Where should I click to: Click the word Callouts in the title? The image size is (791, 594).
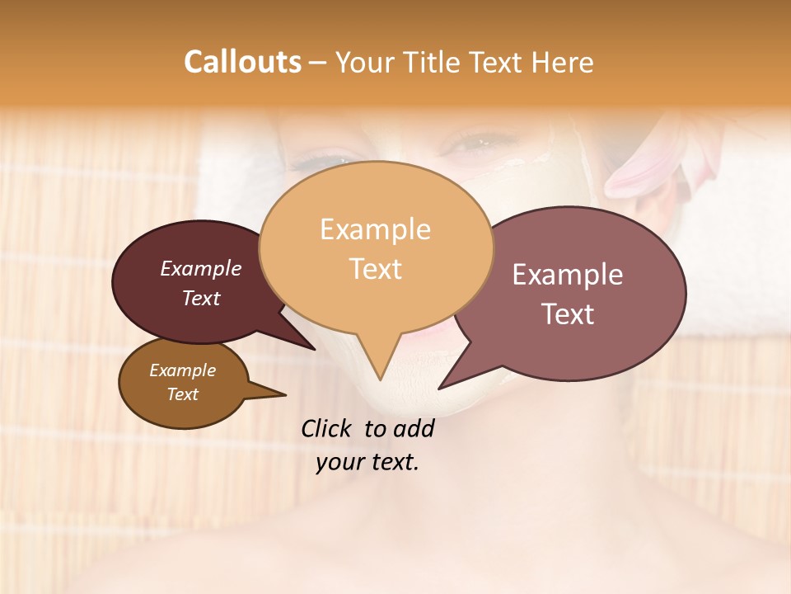click(242, 62)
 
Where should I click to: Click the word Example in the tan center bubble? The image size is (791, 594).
click(375, 229)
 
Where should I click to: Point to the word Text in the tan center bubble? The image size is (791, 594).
click(375, 269)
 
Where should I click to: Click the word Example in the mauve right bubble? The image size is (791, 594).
click(568, 275)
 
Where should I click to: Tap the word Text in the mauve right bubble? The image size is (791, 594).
click(568, 314)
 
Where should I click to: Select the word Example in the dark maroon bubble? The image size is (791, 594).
click(201, 268)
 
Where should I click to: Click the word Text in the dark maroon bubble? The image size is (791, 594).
click(201, 298)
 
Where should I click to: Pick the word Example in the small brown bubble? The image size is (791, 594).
click(182, 370)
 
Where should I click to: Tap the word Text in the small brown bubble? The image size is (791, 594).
click(182, 394)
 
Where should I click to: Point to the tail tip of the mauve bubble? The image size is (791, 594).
click(440, 387)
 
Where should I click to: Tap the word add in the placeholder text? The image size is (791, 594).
click(414, 428)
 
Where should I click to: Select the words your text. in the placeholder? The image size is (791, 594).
click(367, 462)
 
